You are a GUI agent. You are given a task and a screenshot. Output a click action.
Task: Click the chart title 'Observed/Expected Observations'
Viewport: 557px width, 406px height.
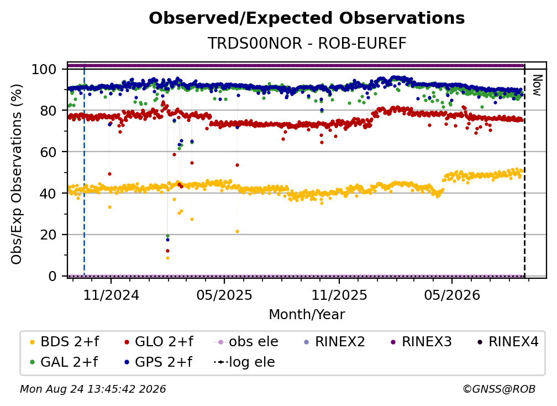pyautogui.click(x=307, y=18)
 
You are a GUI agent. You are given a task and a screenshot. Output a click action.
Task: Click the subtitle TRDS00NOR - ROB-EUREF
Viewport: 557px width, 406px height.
pyautogui.click(x=307, y=43)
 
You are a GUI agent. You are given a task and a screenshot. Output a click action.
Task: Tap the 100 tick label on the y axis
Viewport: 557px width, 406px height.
pyautogui.click(x=44, y=69)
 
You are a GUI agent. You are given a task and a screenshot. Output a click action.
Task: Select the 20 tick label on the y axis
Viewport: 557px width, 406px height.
pyautogui.click(x=48, y=235)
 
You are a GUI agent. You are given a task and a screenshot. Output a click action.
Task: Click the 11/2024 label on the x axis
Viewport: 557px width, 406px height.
pyautogui.click(x=111, y=295)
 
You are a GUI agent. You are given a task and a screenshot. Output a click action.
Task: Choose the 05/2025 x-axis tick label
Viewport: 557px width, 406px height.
pyautogui.click(x=224, y=295)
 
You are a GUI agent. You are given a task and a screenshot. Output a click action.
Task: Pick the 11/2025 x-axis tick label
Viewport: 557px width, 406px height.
pyautogui.click(x=339, y=295)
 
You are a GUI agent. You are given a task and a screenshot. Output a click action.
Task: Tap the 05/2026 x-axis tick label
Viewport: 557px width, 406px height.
pyautogui.click(x=452, y=295)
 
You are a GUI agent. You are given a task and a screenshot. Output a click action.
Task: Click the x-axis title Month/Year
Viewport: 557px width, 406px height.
pyautogui.click(x=307, y=314)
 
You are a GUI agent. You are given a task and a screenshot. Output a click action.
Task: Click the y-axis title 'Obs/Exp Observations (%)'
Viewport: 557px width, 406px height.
pyautogui.click(x=17, y=174)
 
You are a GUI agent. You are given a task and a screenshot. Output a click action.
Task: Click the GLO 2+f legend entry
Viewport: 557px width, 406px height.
pyautogui.click(x=159, y=342)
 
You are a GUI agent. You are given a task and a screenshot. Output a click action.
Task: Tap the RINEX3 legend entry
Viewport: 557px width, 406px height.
pyautogui.click(x=421, y=342)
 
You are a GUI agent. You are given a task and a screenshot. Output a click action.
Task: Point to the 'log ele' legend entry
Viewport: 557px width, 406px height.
pyautogui.click(x=244, y=362)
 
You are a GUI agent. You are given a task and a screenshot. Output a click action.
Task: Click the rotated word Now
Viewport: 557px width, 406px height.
pyautogui.click(x=537, y=85)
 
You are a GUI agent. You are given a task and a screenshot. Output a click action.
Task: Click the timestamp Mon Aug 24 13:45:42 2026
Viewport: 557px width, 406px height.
pyautogui.click(x=93, y=389)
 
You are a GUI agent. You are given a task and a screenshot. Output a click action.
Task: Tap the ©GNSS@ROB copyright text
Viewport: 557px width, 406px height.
pyautogui.click(x=499, y=389)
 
